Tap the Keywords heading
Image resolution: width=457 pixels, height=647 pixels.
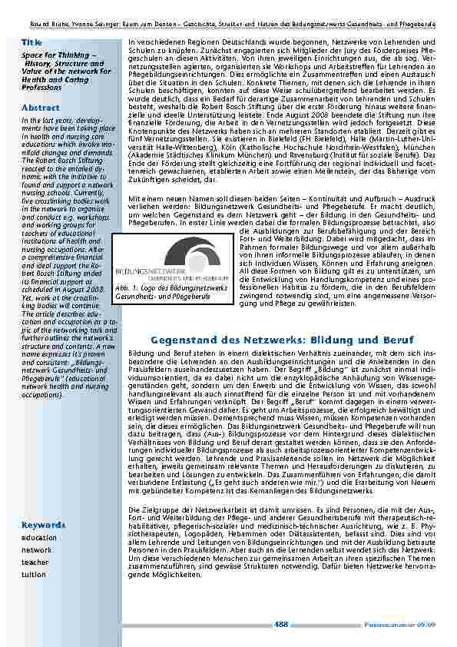(x=43, y=525)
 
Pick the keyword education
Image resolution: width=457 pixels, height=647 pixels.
(x=39, y=538)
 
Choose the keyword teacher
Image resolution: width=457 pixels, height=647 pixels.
(x=35, y=562)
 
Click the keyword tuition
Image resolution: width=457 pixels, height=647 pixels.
(x=35, y=574)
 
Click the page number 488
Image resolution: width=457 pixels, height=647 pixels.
(x=281, y=623)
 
